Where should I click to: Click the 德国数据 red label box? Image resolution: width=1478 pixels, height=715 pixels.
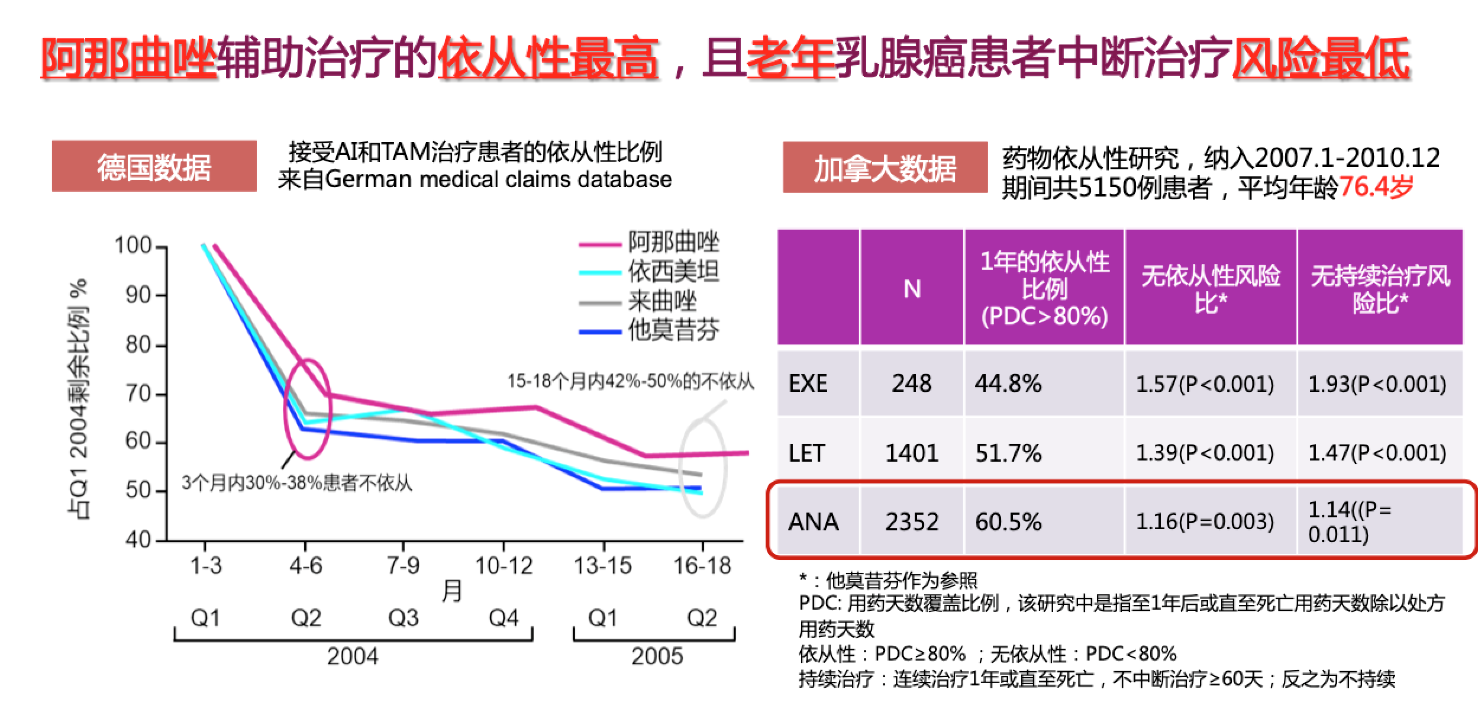point(154,166)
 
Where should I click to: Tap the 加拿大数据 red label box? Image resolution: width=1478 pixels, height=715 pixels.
point(885,168)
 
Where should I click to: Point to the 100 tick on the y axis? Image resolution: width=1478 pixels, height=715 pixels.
point(133,246)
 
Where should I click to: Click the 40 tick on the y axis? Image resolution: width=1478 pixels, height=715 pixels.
point(138,539)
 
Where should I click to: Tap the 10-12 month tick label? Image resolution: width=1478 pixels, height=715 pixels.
point(504,566)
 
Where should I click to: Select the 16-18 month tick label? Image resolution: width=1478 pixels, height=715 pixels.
point(702,566)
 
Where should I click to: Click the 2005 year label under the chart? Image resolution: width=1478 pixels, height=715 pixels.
point(657,656)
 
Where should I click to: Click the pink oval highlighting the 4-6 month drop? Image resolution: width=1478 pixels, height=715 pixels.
point(307,408)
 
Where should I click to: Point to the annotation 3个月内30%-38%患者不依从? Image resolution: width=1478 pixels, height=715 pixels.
point(296,484)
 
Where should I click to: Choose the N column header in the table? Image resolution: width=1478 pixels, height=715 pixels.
point(912,289)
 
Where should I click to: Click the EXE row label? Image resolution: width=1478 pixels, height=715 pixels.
point(808,384)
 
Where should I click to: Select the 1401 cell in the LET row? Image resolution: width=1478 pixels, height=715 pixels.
point(912,453)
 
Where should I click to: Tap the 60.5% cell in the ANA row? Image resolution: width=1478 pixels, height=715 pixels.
point(1008,522)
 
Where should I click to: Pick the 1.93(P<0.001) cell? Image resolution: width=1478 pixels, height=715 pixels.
point(1376,384)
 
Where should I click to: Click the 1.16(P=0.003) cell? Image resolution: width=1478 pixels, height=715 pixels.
point(1205,521)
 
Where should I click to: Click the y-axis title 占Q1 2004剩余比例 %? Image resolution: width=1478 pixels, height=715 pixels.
point(79,399)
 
